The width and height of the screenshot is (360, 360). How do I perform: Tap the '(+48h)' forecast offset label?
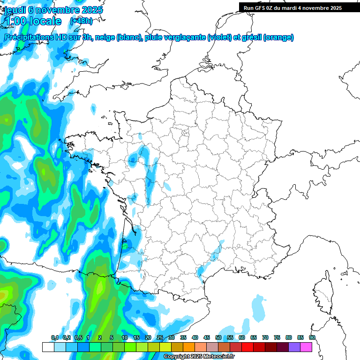tap(81, 21)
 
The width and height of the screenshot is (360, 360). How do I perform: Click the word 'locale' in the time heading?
tap(45, 21)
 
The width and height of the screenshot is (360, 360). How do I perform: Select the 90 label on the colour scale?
tap(312, 338)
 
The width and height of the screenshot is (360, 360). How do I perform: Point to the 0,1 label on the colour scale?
tap(54, 338)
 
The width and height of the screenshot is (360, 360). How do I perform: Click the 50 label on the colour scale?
tap(218, 338)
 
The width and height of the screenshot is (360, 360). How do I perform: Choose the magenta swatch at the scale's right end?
tap(306, 347)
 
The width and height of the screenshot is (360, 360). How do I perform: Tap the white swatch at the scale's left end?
tap(48, 347)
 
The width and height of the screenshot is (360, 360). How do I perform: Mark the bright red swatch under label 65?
tap(247, 347)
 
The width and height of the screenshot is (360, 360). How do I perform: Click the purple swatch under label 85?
tap(294, 347)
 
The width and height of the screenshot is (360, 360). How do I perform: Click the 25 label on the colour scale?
tap(160, 338)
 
